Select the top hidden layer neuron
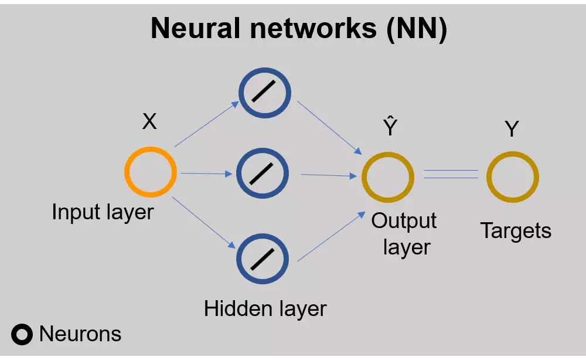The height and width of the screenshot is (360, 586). [x=264, y=93]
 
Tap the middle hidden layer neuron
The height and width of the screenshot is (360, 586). [x=263, y=174]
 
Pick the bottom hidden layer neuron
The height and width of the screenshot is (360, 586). [x=263, y=258]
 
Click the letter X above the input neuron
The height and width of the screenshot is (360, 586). [x=149, y=122]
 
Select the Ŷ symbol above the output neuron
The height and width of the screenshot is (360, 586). [x=390, y=128]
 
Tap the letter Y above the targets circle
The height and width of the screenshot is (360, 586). [x=512, y=129]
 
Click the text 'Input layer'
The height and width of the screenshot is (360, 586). [x=103, y=212]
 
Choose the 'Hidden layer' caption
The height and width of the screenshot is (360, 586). [x=265, y=308]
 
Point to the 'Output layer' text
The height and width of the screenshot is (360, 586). [x=404, y=233]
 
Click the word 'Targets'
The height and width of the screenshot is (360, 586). [x=516, y=230]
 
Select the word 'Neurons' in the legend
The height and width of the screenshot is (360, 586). [x=80, y=334]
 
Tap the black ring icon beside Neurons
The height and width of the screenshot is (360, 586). [x=22, y=335]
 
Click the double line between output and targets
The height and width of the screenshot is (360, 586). [x=451, y=174]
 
